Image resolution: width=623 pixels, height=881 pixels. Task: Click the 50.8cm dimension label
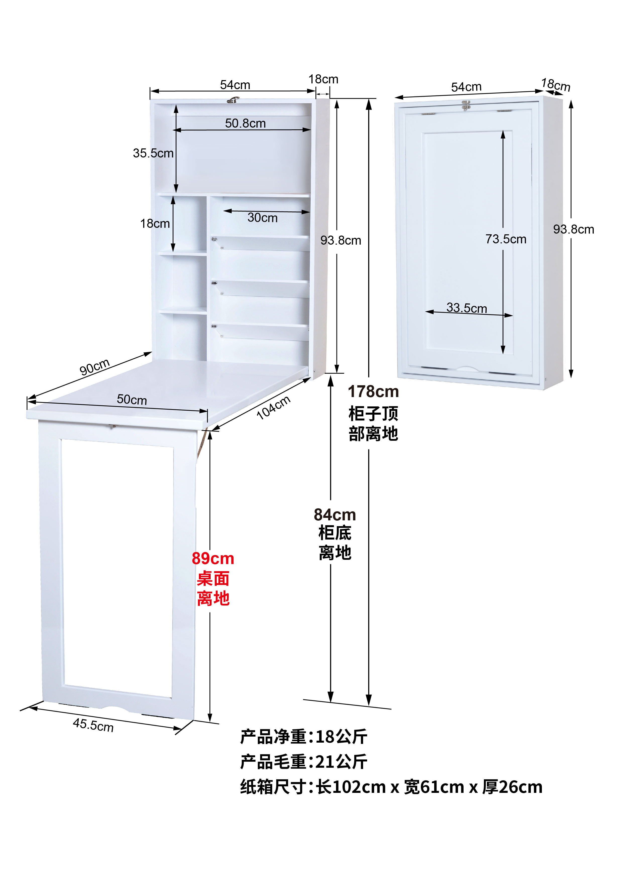point(246,123)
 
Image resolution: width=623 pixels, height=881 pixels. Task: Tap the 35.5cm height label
point(153,153)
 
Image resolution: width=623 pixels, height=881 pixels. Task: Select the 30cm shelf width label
point(262,217)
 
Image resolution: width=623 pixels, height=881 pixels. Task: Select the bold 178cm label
point(373,391)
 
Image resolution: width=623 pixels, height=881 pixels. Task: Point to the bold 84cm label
point(335,515)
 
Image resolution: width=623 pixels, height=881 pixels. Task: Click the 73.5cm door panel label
point(506,239)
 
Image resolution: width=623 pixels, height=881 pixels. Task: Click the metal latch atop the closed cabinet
point(466,105)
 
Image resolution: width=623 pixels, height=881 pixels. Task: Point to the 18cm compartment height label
point(155,223)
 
